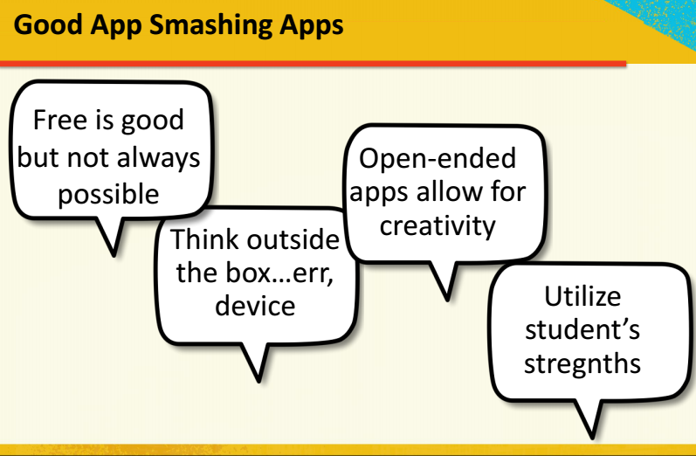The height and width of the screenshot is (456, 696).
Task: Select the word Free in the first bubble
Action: tap(60, 120)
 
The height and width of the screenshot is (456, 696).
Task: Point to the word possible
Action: tap(108, 196)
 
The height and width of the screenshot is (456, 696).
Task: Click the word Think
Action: tap(204, 239)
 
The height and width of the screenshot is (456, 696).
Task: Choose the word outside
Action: tap(293, 239)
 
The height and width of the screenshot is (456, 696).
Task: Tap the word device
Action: tap(255, 306)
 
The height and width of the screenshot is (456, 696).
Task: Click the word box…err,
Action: tap(279, 273)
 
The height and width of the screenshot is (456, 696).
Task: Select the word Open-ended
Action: tap(438, 159)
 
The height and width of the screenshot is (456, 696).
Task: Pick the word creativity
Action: tap(438, 226)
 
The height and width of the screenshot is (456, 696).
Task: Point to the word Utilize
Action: tap(582, 296)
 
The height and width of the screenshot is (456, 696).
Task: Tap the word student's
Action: tap(582, 330)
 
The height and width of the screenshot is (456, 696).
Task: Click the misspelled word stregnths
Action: tap(582, 364)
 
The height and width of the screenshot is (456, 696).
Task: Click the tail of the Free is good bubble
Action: tap(111, 237)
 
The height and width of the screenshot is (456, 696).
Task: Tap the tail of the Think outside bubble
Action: tap(256, 362)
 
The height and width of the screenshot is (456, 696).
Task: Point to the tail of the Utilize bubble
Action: tap(589, 419)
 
